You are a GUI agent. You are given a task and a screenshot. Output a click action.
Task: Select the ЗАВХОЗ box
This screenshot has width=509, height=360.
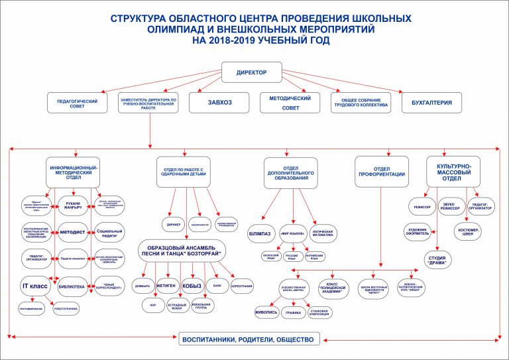click(219, 102)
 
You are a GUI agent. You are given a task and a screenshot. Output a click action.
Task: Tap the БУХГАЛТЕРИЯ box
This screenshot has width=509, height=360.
click(431, 102)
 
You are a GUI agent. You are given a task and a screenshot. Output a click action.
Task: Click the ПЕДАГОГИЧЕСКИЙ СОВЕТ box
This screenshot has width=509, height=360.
click(78, 103)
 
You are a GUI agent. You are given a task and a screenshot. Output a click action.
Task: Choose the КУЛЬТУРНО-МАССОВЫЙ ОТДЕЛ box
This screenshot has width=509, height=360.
click(453, 171)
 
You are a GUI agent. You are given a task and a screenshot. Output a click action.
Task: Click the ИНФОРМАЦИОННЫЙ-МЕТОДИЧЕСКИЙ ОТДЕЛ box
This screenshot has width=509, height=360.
click(74, 172)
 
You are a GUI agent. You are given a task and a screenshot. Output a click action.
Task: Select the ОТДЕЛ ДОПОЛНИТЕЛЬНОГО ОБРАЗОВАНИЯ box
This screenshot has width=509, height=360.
click(291, 172)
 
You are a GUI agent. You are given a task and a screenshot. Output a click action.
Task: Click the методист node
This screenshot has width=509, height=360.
click(73, 232)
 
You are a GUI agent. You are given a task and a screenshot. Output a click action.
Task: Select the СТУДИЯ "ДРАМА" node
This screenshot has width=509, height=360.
click(437, 259)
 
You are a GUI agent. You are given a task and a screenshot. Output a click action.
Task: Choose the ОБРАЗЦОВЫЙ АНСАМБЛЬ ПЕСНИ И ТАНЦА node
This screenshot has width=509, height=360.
click(182, 251)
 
